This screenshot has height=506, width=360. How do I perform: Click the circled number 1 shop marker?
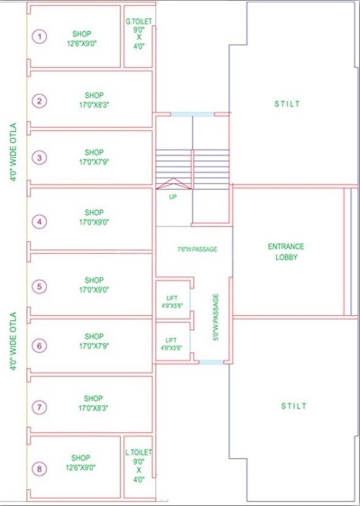tap(39, 37)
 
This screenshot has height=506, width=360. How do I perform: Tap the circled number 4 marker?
tap(39, 222)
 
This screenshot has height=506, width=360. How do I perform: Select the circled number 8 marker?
tap(39, 469)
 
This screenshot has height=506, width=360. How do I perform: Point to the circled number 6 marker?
tap(39, 346)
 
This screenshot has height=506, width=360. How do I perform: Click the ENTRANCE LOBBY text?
tap(286, 252)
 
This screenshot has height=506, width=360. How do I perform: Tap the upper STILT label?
tap(287, 104)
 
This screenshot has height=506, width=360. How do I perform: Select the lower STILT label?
tap(293, 406)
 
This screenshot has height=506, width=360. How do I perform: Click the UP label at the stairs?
tap(173, 196)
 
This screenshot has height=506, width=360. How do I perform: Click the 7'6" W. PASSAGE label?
tap(198, 249)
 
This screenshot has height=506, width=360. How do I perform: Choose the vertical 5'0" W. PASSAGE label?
tap(216, 317)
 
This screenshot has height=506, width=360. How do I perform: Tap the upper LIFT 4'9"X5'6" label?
tap(172, 302)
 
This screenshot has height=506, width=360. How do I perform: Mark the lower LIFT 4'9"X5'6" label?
tap(171, 344)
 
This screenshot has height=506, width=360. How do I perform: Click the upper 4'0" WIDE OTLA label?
tap(13, 153)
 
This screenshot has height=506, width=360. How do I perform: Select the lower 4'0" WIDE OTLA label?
tap(13, 341)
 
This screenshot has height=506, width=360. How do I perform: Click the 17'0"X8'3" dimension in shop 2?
tap(94, 105)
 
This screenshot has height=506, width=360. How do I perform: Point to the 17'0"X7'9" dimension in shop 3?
tap(94, 162)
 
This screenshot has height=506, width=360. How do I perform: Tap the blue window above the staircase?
tap(192, 114)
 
